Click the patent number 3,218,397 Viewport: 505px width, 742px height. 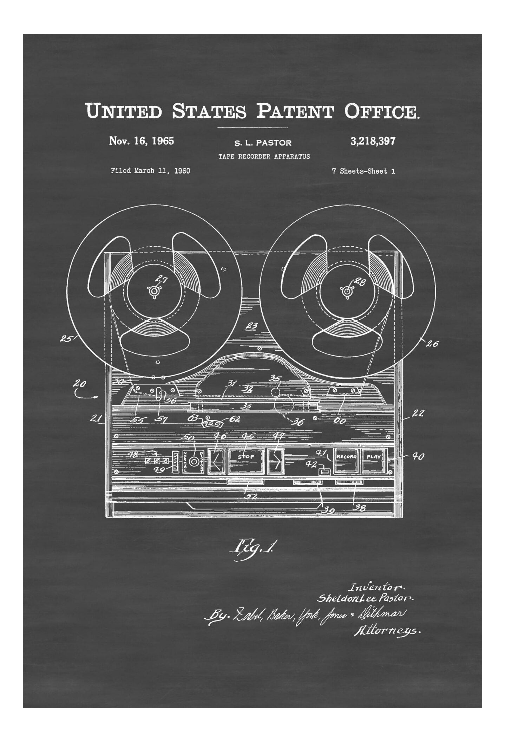point(373,141)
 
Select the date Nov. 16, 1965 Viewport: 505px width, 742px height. point(142,141)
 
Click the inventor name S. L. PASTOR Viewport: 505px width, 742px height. point(263,143)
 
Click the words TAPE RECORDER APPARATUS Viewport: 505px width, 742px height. point(264,157)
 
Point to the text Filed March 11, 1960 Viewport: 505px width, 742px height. point(150,171)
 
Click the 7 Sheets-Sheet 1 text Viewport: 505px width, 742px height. point(363,171)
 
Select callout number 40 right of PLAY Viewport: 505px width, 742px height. point(418,456)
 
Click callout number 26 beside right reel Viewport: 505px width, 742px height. point(432,344)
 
